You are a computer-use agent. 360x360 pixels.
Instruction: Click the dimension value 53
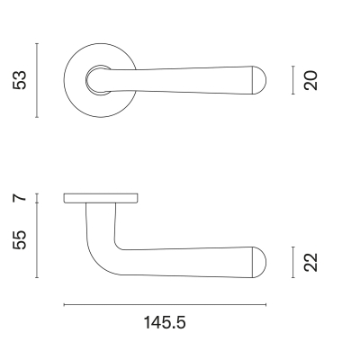[x=21, y=80]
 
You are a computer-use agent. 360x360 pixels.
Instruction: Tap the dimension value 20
[x=311, y=80]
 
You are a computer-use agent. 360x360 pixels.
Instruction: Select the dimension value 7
[x=21, y=197]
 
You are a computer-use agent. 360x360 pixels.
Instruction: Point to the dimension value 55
[x=21, y=239]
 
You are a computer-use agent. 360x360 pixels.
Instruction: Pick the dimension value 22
[x=311, y=261]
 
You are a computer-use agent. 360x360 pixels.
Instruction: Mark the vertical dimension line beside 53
[x=36, y=80]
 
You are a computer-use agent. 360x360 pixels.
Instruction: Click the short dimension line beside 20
[x=294, y=80]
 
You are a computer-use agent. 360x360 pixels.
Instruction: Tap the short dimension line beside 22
[x=294, y=261]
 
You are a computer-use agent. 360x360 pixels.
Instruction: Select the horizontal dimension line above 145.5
[x=165, y=305]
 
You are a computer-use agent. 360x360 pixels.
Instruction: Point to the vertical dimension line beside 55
[x=36, y=239]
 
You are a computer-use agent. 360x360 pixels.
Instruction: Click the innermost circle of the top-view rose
[x=94, y=81]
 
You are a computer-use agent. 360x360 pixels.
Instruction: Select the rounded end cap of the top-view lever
[x=261, y=80]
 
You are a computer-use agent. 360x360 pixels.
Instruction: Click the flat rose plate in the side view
[x=101, y=197]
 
